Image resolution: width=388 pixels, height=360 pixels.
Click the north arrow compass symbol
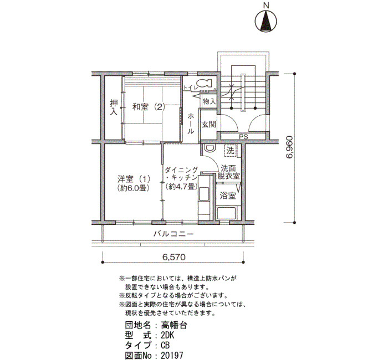click(x=266, y=21)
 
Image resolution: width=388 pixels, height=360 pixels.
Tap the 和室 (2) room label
click(x=149, y=107)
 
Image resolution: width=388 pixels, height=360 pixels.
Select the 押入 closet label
click(x=114, y=107)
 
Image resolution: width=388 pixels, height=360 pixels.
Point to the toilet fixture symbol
click(x=204, y=83)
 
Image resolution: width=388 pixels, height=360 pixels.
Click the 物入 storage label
click(x=209, y=101)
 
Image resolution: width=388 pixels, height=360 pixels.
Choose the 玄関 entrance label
click(x=208, y=125)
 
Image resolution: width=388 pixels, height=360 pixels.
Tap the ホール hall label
click(x=190, y=124)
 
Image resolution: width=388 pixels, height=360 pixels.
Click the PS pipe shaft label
click(x=243, y=136)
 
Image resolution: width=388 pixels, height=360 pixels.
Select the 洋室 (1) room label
click(x=134, y=179)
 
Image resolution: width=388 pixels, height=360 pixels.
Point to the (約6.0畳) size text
click(x=134, y=188)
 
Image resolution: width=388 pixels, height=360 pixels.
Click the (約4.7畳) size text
click(x=182, y=186)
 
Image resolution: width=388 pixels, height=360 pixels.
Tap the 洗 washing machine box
click(x=231, y=151)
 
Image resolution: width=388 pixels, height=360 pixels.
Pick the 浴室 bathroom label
click(x=228, y=196)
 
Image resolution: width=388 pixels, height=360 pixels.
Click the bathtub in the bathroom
click(x=226, y=214)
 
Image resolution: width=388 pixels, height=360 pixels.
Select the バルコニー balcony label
click(x=173, y=234)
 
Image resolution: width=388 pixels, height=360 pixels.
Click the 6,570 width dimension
click(x=173, y=258)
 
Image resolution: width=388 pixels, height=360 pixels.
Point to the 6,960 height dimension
click(x=289, y=147)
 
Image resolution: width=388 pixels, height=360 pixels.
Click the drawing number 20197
click(x=172, y=356)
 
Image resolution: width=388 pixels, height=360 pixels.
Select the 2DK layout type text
click(x=167, y=336)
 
